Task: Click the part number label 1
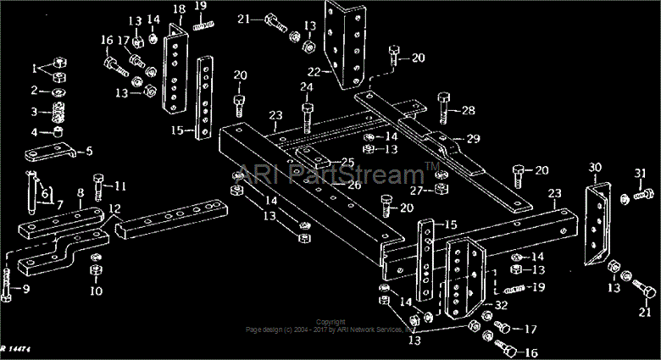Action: pos(35,68)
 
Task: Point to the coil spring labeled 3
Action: pos(58,112)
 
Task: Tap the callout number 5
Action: pos(88,152)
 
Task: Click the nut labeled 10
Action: pos(96,272)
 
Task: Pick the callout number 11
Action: pos(120,186)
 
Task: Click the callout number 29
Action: pos(473,139)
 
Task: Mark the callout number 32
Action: pos(502,305)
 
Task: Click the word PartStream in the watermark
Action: pos(356,174)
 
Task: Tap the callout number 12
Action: pos(113,208)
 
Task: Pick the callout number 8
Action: pos(80,193)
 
